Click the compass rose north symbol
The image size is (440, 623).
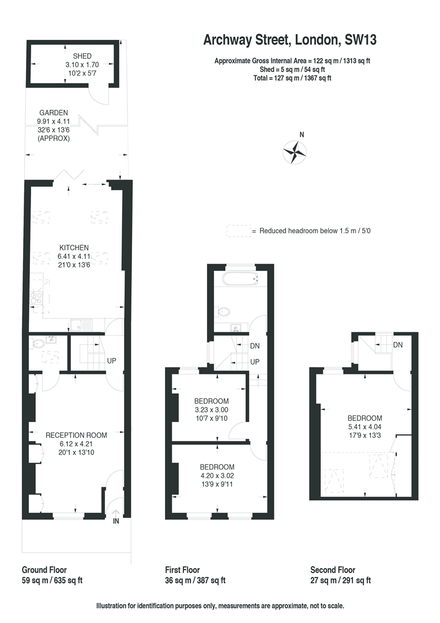click(x=295, y=152)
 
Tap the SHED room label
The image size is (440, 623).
click(x=82, y=56)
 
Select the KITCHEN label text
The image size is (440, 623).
click(x=74, y=247)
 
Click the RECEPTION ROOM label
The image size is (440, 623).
click(x=76, y=435)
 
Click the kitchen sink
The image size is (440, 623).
click(x=81, y=325)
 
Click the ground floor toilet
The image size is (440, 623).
click(x=37, y=344)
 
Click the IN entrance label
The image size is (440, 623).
click(x=115, y=521)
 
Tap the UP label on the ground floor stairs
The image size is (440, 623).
click(x=112, y=361)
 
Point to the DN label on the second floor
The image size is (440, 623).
click(x=398, y=345)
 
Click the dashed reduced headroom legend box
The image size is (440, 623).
click(x=239, y=231)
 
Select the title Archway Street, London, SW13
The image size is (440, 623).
click(x=290, y=40)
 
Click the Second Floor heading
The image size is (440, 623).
click(x=333, y=570)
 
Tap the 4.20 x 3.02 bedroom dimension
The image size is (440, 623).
click(x=217, y=475)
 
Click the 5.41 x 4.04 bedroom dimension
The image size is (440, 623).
click(x=364, y=427)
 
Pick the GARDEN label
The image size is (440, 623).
click(x=54, y=113)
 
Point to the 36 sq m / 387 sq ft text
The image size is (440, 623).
click(x=195, y=580)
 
